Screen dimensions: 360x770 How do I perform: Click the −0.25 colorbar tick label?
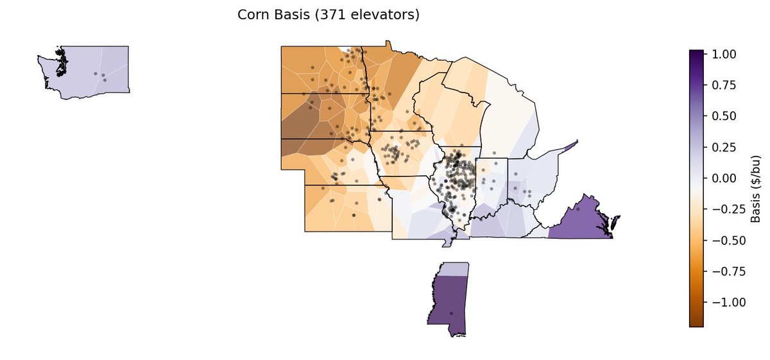(723, 209)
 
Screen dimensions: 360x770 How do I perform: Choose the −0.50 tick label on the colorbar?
(723, 240)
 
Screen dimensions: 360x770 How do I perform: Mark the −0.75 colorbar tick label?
(723, 271)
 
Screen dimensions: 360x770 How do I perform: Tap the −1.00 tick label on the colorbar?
(723, 302)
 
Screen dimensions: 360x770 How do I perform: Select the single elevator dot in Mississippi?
(451, 313)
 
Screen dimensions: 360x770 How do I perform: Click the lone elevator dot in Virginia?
(577, 209)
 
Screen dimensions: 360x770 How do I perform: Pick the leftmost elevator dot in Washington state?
(96, 74)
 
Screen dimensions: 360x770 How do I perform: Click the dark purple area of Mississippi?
(449, 298)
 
